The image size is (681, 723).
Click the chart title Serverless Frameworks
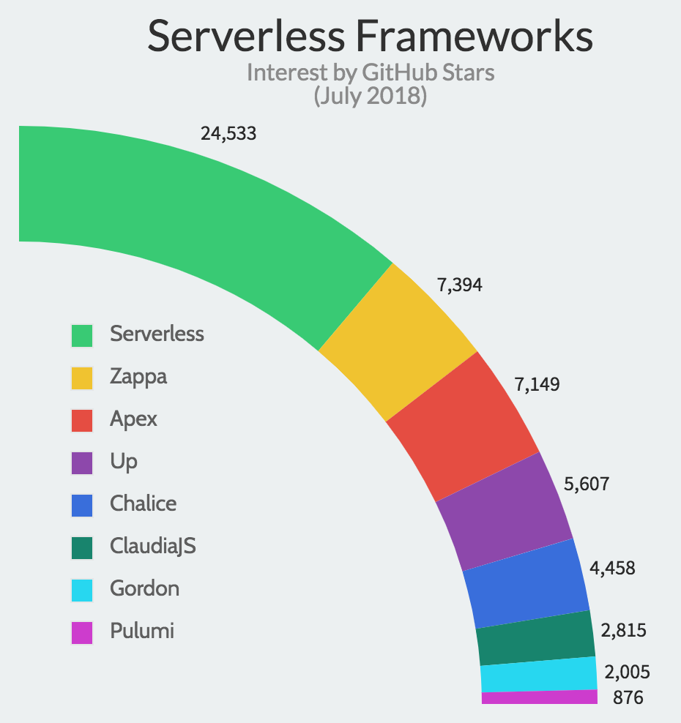click(370, 37)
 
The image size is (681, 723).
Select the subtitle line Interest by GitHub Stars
click(370, 73)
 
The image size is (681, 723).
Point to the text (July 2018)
click(370, 96)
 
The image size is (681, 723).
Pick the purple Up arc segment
click(505, 512)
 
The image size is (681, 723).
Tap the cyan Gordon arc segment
click(539, 674)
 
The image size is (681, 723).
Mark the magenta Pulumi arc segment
click(540, 697)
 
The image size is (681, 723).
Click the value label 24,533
click(228, 133)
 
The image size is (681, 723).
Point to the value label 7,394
click(460, 285)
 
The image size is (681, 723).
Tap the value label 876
click(628, 698)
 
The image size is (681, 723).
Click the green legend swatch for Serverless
click(82, 335)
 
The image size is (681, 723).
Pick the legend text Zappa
click(138, 377)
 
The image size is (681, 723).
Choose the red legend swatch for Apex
click(82, 420)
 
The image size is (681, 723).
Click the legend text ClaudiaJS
click(153, 546)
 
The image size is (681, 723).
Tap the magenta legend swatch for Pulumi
click(82, 632)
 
